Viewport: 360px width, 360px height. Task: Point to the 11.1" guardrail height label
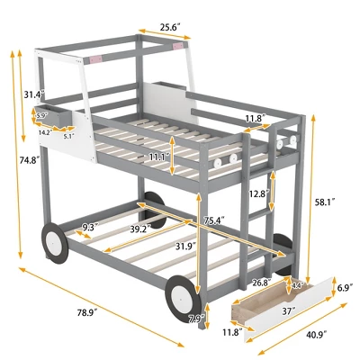pyautogui.click(x=158, y=157)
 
